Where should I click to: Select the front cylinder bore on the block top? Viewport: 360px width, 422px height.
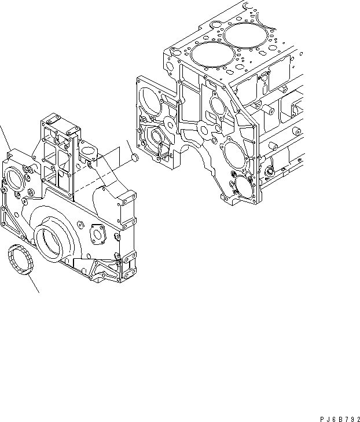coord(209,57)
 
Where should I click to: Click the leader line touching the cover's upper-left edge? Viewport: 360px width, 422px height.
coord(5,139)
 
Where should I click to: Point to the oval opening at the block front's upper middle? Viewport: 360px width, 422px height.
coord(218,106)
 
